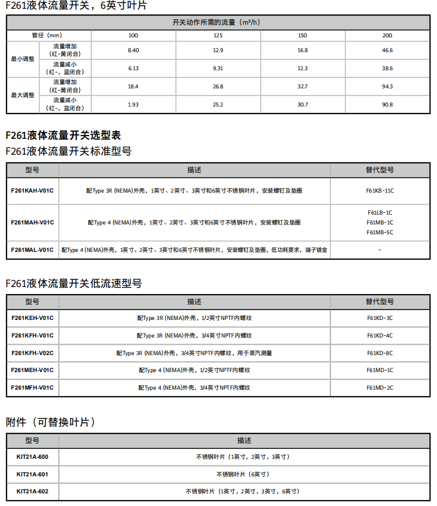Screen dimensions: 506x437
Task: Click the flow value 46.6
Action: coord(387,50)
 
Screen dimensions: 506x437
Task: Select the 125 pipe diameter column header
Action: coord(218,36)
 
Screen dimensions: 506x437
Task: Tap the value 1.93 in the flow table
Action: coord(133,104)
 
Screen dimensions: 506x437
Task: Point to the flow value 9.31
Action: coord(218,69)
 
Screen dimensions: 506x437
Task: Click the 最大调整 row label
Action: coord(23,95)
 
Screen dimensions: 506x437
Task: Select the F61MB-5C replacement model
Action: coord(380,232)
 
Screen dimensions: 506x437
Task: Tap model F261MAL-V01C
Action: coord(32,250)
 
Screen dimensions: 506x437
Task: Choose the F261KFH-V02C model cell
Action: coord(32,353)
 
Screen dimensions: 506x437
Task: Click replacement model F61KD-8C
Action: coord(380,353)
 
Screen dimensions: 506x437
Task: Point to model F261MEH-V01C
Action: coord(32,370)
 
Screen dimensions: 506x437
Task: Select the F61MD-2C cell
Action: coord(380,387)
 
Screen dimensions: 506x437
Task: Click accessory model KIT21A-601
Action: coord(32,474)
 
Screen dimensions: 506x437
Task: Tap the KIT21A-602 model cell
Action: coord(32,491)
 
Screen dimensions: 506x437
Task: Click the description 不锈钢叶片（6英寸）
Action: coord(243,474)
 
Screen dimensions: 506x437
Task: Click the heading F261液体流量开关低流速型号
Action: coord(74,284)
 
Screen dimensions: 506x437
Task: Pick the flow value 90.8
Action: coord(387,104)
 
